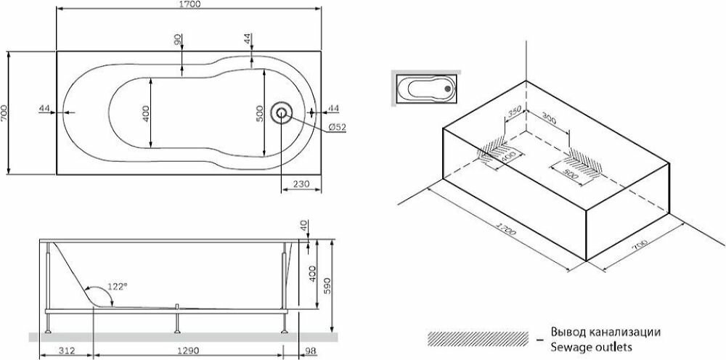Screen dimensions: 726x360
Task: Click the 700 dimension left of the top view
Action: (5, 112)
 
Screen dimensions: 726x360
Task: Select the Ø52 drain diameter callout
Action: (337, 127)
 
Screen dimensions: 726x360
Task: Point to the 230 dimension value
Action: (301, 184)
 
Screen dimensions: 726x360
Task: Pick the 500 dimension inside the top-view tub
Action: (258, 113)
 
